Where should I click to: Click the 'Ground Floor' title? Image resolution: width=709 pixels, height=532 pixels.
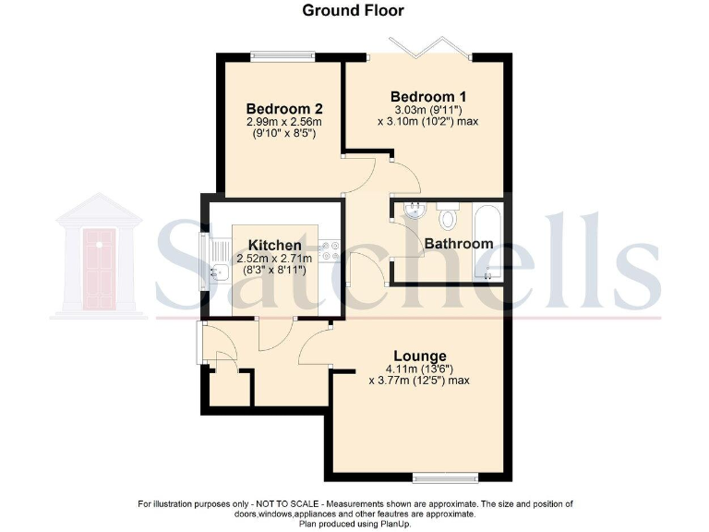click(x=354, y=11)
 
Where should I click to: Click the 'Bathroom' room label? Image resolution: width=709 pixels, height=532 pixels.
click(x=458, y=244)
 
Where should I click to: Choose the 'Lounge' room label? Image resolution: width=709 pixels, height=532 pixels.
click(x=420, y=356)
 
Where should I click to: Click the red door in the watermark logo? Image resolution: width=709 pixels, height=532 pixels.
click(x=100, y=267)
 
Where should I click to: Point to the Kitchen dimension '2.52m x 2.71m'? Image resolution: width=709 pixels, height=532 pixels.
click(x=274, y=260)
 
